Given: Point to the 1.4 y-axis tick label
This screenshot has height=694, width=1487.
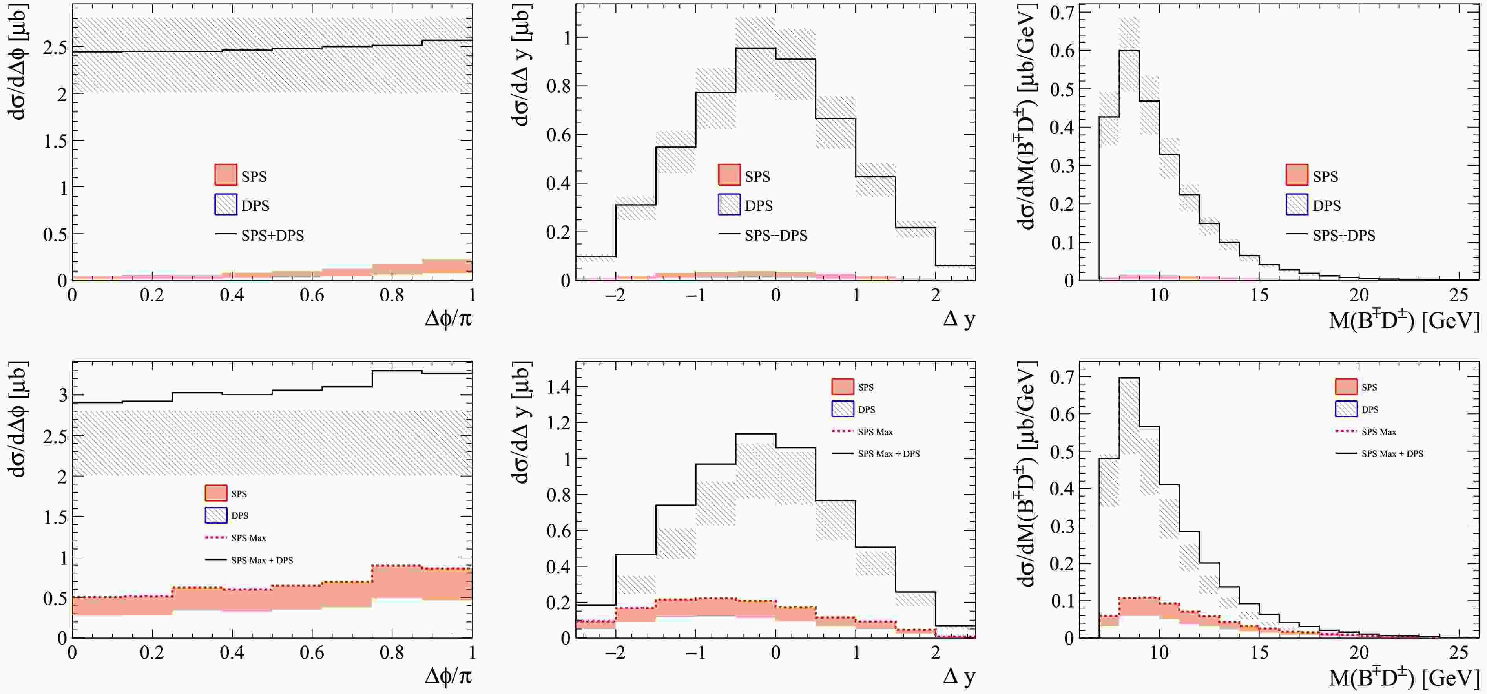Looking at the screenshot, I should coord(558,387).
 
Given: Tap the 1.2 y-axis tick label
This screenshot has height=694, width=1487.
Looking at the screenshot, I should coord(558,423).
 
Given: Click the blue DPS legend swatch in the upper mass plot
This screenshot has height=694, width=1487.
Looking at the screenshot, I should coord(1297,205).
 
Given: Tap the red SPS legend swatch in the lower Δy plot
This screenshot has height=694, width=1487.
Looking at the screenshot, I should coord(842,387).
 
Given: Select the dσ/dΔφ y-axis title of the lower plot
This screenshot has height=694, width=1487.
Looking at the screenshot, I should coord(18,420).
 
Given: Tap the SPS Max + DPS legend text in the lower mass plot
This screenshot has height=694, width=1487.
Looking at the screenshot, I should coord(1392,454).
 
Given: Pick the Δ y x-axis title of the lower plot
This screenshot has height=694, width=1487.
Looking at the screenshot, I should coord(958,676).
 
